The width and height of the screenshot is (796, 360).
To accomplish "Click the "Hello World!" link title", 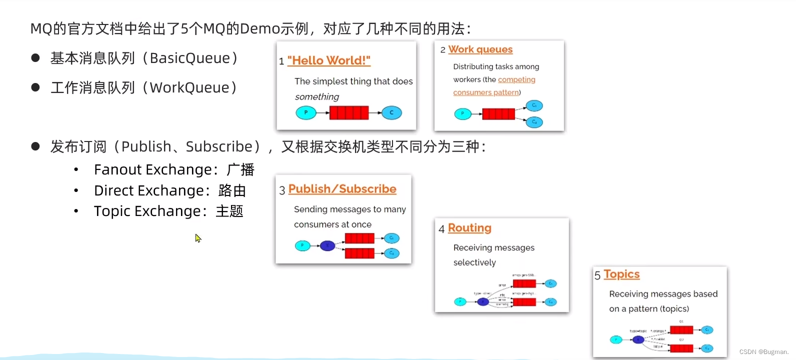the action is tap(328, 60).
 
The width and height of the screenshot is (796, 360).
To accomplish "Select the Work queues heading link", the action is tap(480, 49).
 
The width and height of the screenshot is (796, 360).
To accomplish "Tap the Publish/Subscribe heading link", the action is tap(342, 189).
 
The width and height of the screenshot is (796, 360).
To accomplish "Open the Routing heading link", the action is tap(469, 228).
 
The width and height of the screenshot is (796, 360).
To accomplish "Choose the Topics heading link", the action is tap(621, 274).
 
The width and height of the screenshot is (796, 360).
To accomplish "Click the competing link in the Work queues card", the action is tap(516, 79).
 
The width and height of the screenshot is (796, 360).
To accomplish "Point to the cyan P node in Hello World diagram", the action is tap(305, 112).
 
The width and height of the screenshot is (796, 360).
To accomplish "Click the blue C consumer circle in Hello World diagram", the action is tap(391, 112).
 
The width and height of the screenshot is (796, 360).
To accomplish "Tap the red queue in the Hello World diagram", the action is tap(349, 112).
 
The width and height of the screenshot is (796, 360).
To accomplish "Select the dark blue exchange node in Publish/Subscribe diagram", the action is tap(327, 245).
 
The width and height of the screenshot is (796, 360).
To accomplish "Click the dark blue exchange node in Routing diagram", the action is tap(482, 301).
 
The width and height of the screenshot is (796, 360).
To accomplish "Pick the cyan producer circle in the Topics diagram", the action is tap(616, 339).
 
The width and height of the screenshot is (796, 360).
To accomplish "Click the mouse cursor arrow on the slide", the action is tap(198, 238).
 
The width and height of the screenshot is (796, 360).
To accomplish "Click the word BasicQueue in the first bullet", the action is tap(190, 58).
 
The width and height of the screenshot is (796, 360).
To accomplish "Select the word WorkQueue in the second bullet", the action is tap(189, 88).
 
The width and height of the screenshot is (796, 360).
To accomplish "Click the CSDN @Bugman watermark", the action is tap(763, 352).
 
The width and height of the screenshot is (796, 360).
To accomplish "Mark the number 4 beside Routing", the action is tap(441, 229).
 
